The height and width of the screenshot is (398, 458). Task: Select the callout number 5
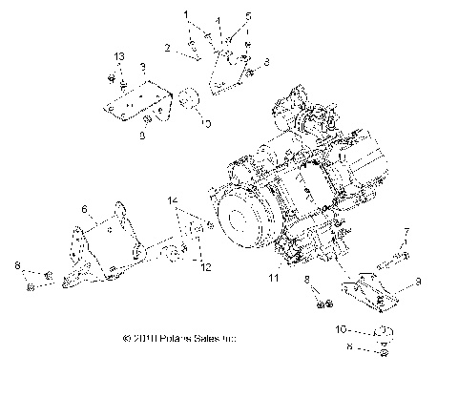click(248, 17)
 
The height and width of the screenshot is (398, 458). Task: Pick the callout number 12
click(204, 269)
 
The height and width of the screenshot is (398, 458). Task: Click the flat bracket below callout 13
click(134, 99)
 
